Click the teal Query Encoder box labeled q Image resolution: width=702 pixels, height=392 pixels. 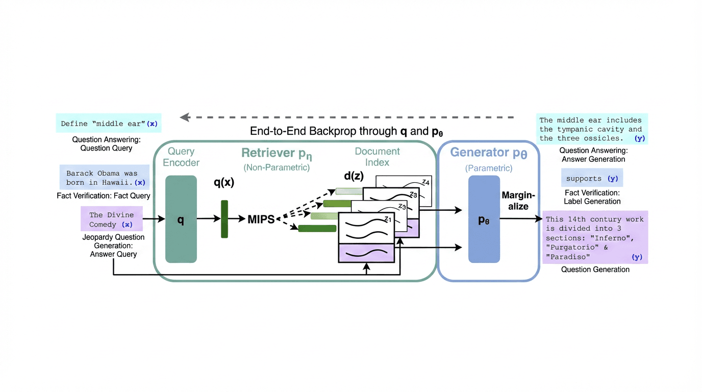click(181, 219)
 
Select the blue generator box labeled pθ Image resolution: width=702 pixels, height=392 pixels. click(484, 219)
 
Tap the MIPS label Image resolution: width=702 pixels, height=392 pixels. click(261, 219)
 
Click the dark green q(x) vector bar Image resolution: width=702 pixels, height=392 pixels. click(224, 219)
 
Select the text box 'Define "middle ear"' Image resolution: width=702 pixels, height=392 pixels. click(109, 124)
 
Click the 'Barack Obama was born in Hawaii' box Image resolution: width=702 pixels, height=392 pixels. click(105, 178)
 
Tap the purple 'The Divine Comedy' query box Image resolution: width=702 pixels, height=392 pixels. click(111, 219)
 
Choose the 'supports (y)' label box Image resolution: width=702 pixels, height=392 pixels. click(592, 179)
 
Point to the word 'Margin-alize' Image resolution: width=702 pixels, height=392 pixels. click(518, 201)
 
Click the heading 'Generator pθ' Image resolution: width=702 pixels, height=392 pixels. click(488, 153)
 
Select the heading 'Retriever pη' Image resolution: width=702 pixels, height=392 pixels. click(276, 153)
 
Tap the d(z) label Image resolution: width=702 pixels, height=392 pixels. click(354, 177)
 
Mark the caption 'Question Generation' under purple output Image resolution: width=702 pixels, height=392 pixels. click(595, 269)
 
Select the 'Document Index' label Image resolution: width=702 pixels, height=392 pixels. click(378, 157)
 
